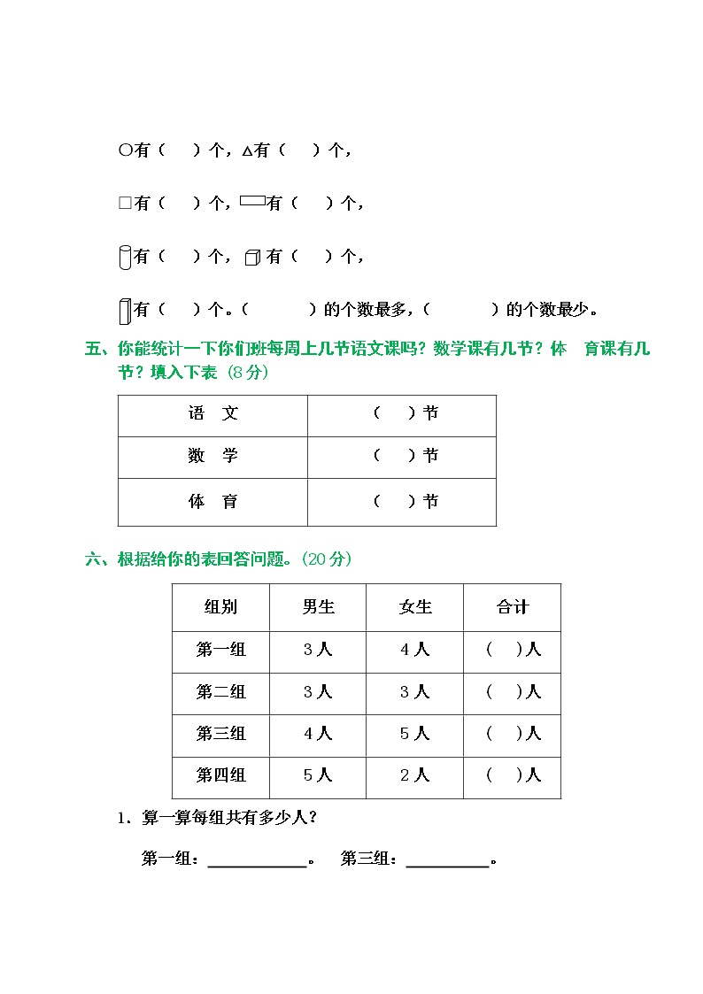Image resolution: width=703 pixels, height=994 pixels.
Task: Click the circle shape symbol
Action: tap(125, 151)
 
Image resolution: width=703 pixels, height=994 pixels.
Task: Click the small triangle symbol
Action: tap(247, 152)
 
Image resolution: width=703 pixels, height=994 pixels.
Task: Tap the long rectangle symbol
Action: tap(252, 201)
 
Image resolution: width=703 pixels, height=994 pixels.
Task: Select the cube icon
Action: tap(252, 258)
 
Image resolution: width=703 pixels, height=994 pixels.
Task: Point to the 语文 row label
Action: tap(212, 413)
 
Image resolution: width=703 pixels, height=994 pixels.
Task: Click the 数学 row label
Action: tap(212, 456)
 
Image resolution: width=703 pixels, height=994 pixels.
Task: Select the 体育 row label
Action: tap(212, 502)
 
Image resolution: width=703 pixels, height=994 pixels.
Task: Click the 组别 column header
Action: tap(220, 607)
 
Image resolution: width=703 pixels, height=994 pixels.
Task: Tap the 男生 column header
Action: tap(318, 607)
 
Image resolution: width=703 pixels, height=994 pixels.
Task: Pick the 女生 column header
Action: tap(414, 607)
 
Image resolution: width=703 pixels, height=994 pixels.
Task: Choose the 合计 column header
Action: tap(512, 607)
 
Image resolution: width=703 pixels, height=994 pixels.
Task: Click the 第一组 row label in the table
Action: tap(220, 650)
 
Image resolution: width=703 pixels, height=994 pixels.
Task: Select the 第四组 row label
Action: tap(220, 775)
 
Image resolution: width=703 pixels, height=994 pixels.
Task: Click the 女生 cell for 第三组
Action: tap(414, 734)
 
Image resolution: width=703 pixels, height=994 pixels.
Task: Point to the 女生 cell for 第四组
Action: tap(414, 775)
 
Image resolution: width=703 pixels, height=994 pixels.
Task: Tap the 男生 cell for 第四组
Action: tap(318, 775)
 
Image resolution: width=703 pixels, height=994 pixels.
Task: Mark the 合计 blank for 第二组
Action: tap(506, 692)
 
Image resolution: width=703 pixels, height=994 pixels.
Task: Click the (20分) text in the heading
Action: tap(327, 559)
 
